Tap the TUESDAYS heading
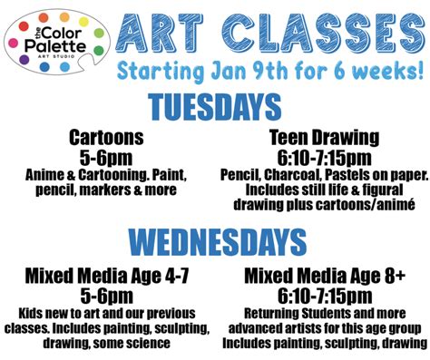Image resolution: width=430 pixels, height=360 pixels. [x=214, y=108]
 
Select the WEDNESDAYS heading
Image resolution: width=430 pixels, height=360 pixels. [x=216, y=242]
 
